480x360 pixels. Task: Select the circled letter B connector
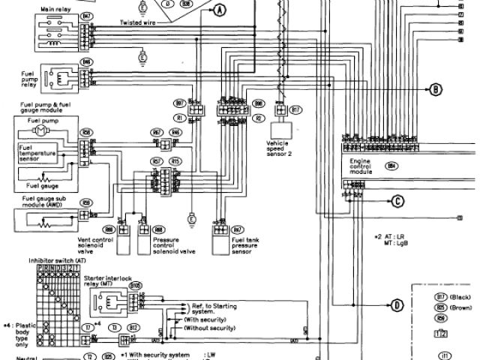click(436, 90)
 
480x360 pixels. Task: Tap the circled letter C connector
click(397, 200)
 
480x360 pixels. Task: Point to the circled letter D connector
click(396, 304)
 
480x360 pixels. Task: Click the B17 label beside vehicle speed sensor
click(297, 109)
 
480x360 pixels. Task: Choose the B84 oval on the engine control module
click(391, 165)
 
